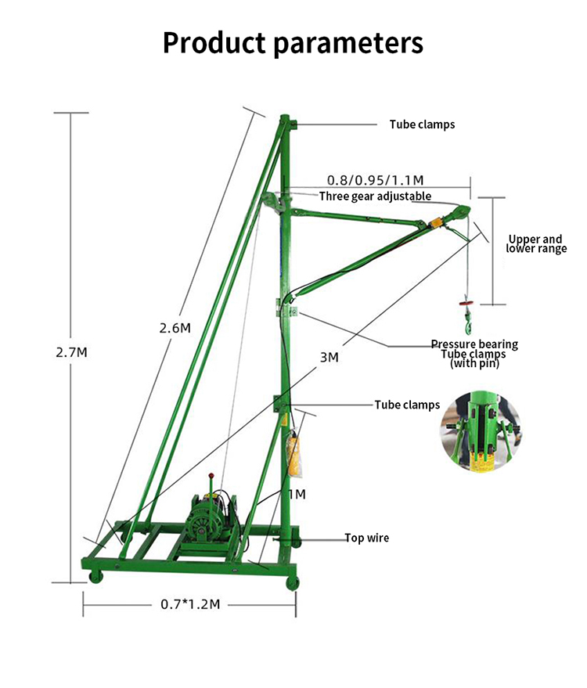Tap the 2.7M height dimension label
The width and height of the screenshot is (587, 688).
71,352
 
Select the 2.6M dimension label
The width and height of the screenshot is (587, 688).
175,328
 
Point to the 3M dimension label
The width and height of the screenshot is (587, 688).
330,357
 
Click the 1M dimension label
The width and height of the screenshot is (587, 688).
296,494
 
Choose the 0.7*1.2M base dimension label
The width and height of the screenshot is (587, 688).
190,603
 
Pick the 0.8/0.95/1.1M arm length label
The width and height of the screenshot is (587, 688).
375,180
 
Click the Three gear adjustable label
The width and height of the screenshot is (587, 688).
375,196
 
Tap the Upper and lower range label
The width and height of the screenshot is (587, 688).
535,243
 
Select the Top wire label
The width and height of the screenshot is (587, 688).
367,538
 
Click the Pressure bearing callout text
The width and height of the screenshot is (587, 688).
474,344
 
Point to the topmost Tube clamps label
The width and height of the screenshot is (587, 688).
422,124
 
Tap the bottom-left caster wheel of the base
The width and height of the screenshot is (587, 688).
96,577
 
